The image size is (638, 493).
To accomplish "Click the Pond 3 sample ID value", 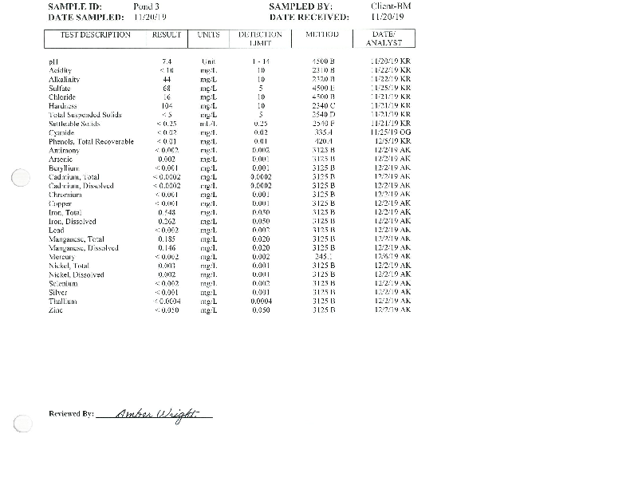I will tap(148, 6).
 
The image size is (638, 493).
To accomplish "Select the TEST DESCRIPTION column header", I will tap(96, 35).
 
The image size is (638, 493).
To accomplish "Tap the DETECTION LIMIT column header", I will tap(260, 39).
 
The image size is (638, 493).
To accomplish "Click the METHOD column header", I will tap(322, 35).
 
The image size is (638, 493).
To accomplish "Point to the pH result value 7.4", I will tap(167, 61).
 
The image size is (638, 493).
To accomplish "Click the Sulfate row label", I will tap(61, 88).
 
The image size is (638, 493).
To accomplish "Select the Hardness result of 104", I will tap(167, 105).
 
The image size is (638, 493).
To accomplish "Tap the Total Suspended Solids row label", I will tap(85, 114).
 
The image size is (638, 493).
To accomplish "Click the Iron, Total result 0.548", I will tap(167, 211).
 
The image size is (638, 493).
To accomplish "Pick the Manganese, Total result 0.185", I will tap(167, 239).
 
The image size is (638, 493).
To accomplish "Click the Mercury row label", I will tap(61, 256).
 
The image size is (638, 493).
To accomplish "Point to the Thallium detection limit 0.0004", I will tap(261, 301).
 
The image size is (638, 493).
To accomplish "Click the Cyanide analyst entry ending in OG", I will tap(391, 132).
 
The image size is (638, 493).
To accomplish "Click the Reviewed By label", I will tap(71, 414).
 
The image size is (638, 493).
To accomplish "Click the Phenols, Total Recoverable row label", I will tap(91, 141).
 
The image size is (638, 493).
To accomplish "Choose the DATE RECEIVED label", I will tap(309, 17).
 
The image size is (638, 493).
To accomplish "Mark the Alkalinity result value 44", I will tap(167, 79).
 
